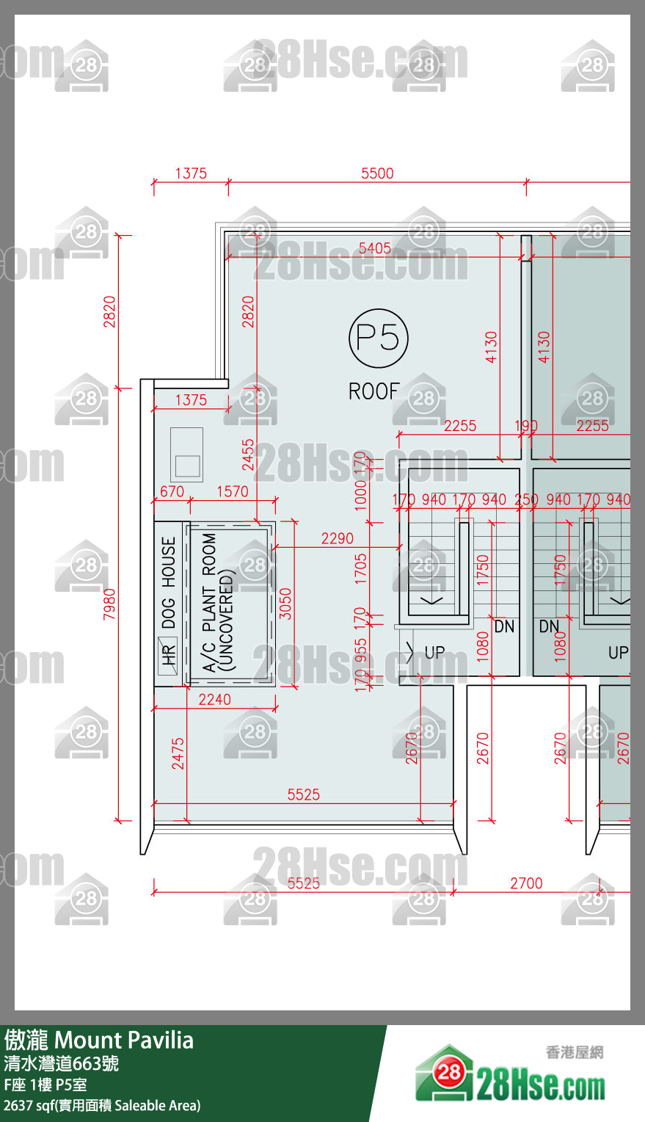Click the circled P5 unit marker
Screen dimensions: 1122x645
coord(378,338)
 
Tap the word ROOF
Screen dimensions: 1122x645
coord(374,391)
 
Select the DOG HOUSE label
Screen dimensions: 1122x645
coord(169,583)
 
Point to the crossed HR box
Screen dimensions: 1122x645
coord(168,654)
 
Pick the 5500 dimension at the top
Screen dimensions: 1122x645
coord(377,173)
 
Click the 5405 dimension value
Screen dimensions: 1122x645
coord(374,248)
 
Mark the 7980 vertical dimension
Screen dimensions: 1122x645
coord(109,604)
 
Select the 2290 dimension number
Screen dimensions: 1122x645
coord(337,538)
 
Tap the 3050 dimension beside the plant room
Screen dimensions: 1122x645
coord(285,603)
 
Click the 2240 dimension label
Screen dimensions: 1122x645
coord(214,700)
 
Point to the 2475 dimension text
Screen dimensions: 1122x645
coord(178,753)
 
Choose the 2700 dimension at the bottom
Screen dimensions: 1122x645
coord(526,883)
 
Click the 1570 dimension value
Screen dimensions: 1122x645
coord(232,491)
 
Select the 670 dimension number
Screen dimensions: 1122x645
coord(172,491)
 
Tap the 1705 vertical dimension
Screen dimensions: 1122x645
coord(360,568)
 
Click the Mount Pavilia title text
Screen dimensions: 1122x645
coord(124,1040)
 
